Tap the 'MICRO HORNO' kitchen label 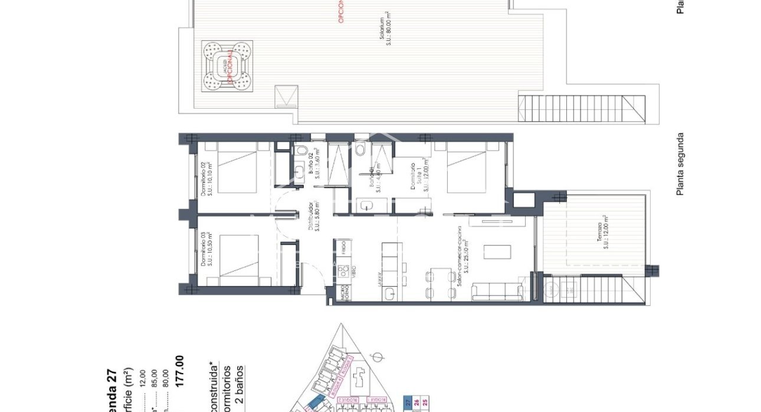click(347, 293)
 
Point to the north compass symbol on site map click(380, 355)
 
